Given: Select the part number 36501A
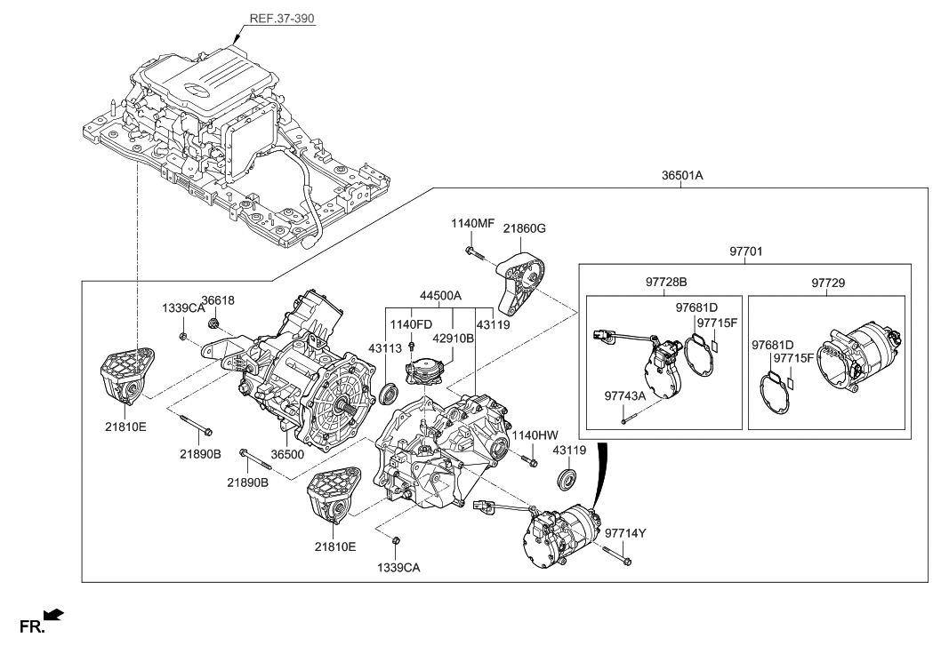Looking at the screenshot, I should point(682,176).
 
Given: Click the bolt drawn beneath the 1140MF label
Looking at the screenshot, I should point(472,255).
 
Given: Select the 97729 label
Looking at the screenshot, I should point(828,283).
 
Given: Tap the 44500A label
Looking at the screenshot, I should point(432,294).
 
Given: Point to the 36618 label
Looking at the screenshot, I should point(217,301).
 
